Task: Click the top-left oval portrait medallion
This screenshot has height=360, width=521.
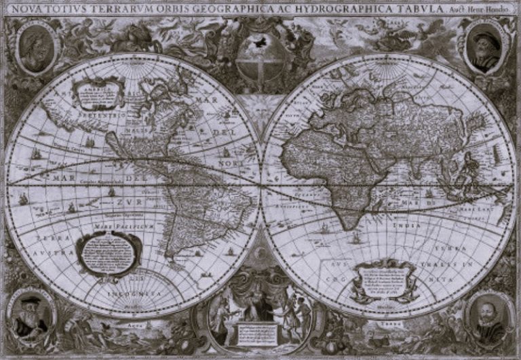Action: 35,47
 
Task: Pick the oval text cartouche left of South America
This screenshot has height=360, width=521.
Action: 109,252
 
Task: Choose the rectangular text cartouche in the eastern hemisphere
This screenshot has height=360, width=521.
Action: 384,279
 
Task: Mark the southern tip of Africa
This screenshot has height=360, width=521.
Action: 348,228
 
